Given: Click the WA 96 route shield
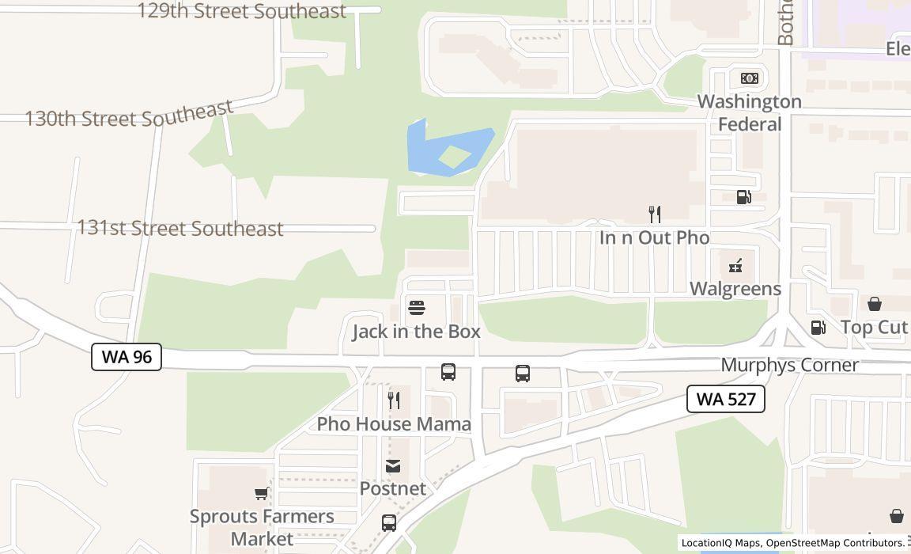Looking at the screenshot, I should (127, 357).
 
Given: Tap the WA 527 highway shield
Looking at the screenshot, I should (725, 399).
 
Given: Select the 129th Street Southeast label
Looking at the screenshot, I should (241, 11).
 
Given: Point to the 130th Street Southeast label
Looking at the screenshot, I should (129, 115).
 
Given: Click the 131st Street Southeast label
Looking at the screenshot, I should (180, 228).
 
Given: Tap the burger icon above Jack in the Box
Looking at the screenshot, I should (417, 308).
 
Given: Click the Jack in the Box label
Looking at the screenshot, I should (416, 332).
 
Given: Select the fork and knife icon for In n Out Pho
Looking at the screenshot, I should (654, 214).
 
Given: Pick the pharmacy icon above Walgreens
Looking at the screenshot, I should (735, 266).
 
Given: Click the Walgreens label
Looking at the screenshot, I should (735, 289).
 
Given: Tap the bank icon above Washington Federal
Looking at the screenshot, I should (749, 78).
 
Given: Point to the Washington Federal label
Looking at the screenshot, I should (749, 112).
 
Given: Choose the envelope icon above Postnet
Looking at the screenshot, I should (393, 466).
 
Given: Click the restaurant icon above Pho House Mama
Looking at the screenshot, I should (394, 400).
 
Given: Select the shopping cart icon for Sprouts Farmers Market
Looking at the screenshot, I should (261, 494).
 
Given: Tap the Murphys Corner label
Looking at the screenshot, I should (789, 365).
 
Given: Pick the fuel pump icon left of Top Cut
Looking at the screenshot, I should (818, 327).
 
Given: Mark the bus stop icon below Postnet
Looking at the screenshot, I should (389, 522).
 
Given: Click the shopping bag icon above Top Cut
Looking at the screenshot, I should (875, 304).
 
